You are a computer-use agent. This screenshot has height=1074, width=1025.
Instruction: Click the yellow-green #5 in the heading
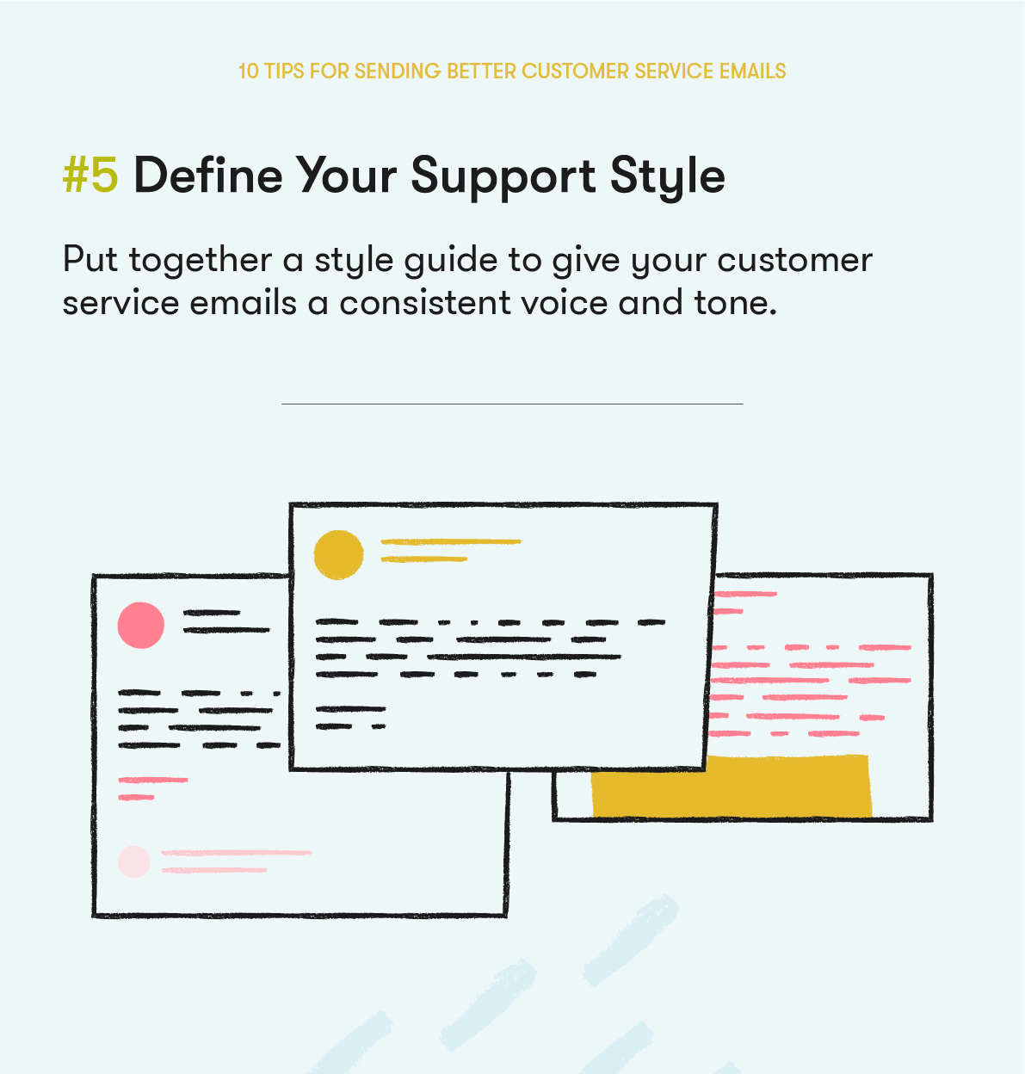[x=90, y=176]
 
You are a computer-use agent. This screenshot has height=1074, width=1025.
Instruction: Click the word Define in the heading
[x=207, y=176]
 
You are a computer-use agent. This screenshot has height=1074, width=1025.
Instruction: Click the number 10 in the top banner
[x=248, y=71]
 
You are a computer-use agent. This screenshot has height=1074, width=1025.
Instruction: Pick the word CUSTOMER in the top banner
[x=575, y=71]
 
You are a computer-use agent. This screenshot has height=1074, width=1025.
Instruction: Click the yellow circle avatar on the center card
[x=338, y=555]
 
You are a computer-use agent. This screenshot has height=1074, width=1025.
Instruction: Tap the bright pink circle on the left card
[x=141, y=625]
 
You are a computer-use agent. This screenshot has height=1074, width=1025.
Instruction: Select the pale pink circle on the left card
[x=134, y=861]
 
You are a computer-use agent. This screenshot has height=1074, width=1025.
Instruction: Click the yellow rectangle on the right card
[x=731, y=786]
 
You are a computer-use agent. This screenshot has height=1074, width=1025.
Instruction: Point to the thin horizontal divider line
[x=511, y=404]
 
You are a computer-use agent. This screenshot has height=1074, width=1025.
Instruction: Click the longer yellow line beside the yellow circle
[x=451, y=541]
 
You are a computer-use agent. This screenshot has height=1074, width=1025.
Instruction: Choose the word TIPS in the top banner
[x=284, y=71]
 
